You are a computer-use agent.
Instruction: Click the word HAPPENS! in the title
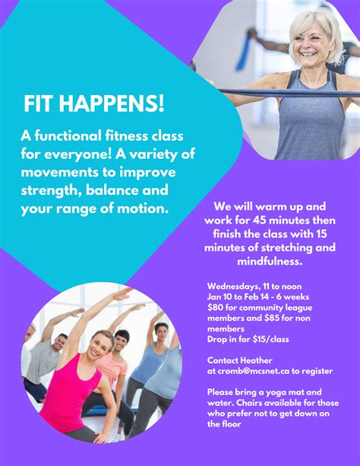111,103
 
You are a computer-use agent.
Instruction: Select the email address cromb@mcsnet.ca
254,371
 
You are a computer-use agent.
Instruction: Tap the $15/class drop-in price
270,339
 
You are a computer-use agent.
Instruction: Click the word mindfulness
270,262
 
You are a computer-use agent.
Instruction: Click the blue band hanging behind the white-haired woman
244,53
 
